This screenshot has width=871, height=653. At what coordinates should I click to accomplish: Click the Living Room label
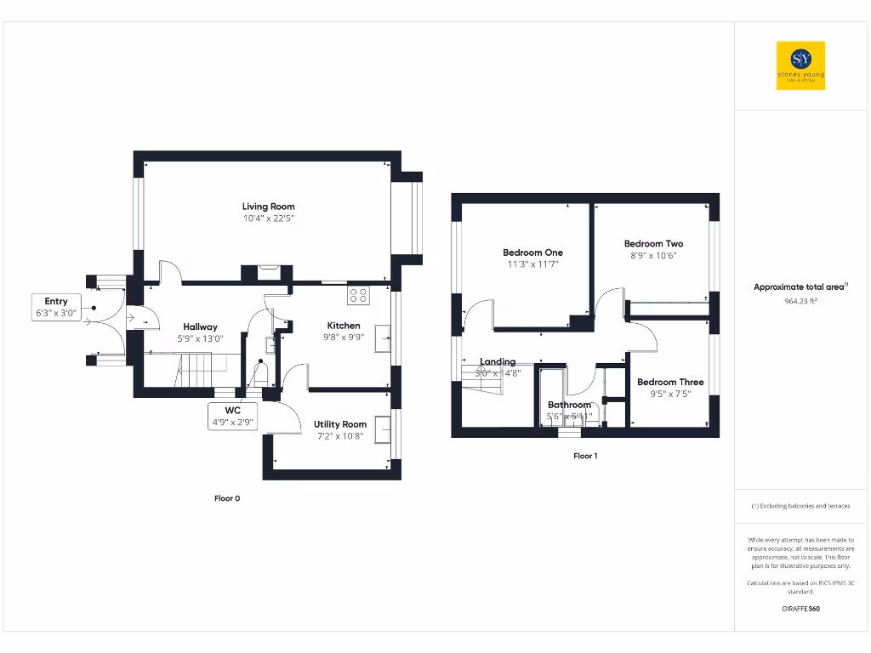[x=268, y=207]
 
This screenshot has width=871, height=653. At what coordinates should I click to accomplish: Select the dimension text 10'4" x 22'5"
[x=268, y=219]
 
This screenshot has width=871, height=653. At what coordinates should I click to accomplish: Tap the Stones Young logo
[x=800, y=65]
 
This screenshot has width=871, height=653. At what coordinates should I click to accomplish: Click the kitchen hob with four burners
[x=358, y=296]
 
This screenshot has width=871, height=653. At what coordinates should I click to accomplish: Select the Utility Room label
[x=340, y=424]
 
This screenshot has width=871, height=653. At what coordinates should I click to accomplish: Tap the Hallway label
[x=201, y=326]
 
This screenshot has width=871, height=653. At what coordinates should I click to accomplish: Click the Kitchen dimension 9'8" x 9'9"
[x=344, y=338]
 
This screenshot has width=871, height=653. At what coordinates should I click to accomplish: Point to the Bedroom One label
[x=532, y=253]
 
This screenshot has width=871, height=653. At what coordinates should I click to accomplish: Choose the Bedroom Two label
[x=653, y=243]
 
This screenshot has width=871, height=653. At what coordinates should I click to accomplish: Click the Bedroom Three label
[x=670, y=382]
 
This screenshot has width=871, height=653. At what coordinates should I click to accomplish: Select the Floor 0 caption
[x=226, y=498]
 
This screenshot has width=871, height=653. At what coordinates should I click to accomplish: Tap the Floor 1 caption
[x=585, y=456]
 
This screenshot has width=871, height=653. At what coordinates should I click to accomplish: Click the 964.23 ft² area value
[x=800, y=301]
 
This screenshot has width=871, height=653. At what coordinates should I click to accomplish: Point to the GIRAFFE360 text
[x=800, y=609]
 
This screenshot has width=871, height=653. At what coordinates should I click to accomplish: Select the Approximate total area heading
[x=800, y=287]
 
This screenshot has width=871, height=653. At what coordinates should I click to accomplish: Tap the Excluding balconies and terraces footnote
[x=800, y=506]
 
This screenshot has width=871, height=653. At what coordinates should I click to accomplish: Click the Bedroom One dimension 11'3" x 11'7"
[x=532, y=264]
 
